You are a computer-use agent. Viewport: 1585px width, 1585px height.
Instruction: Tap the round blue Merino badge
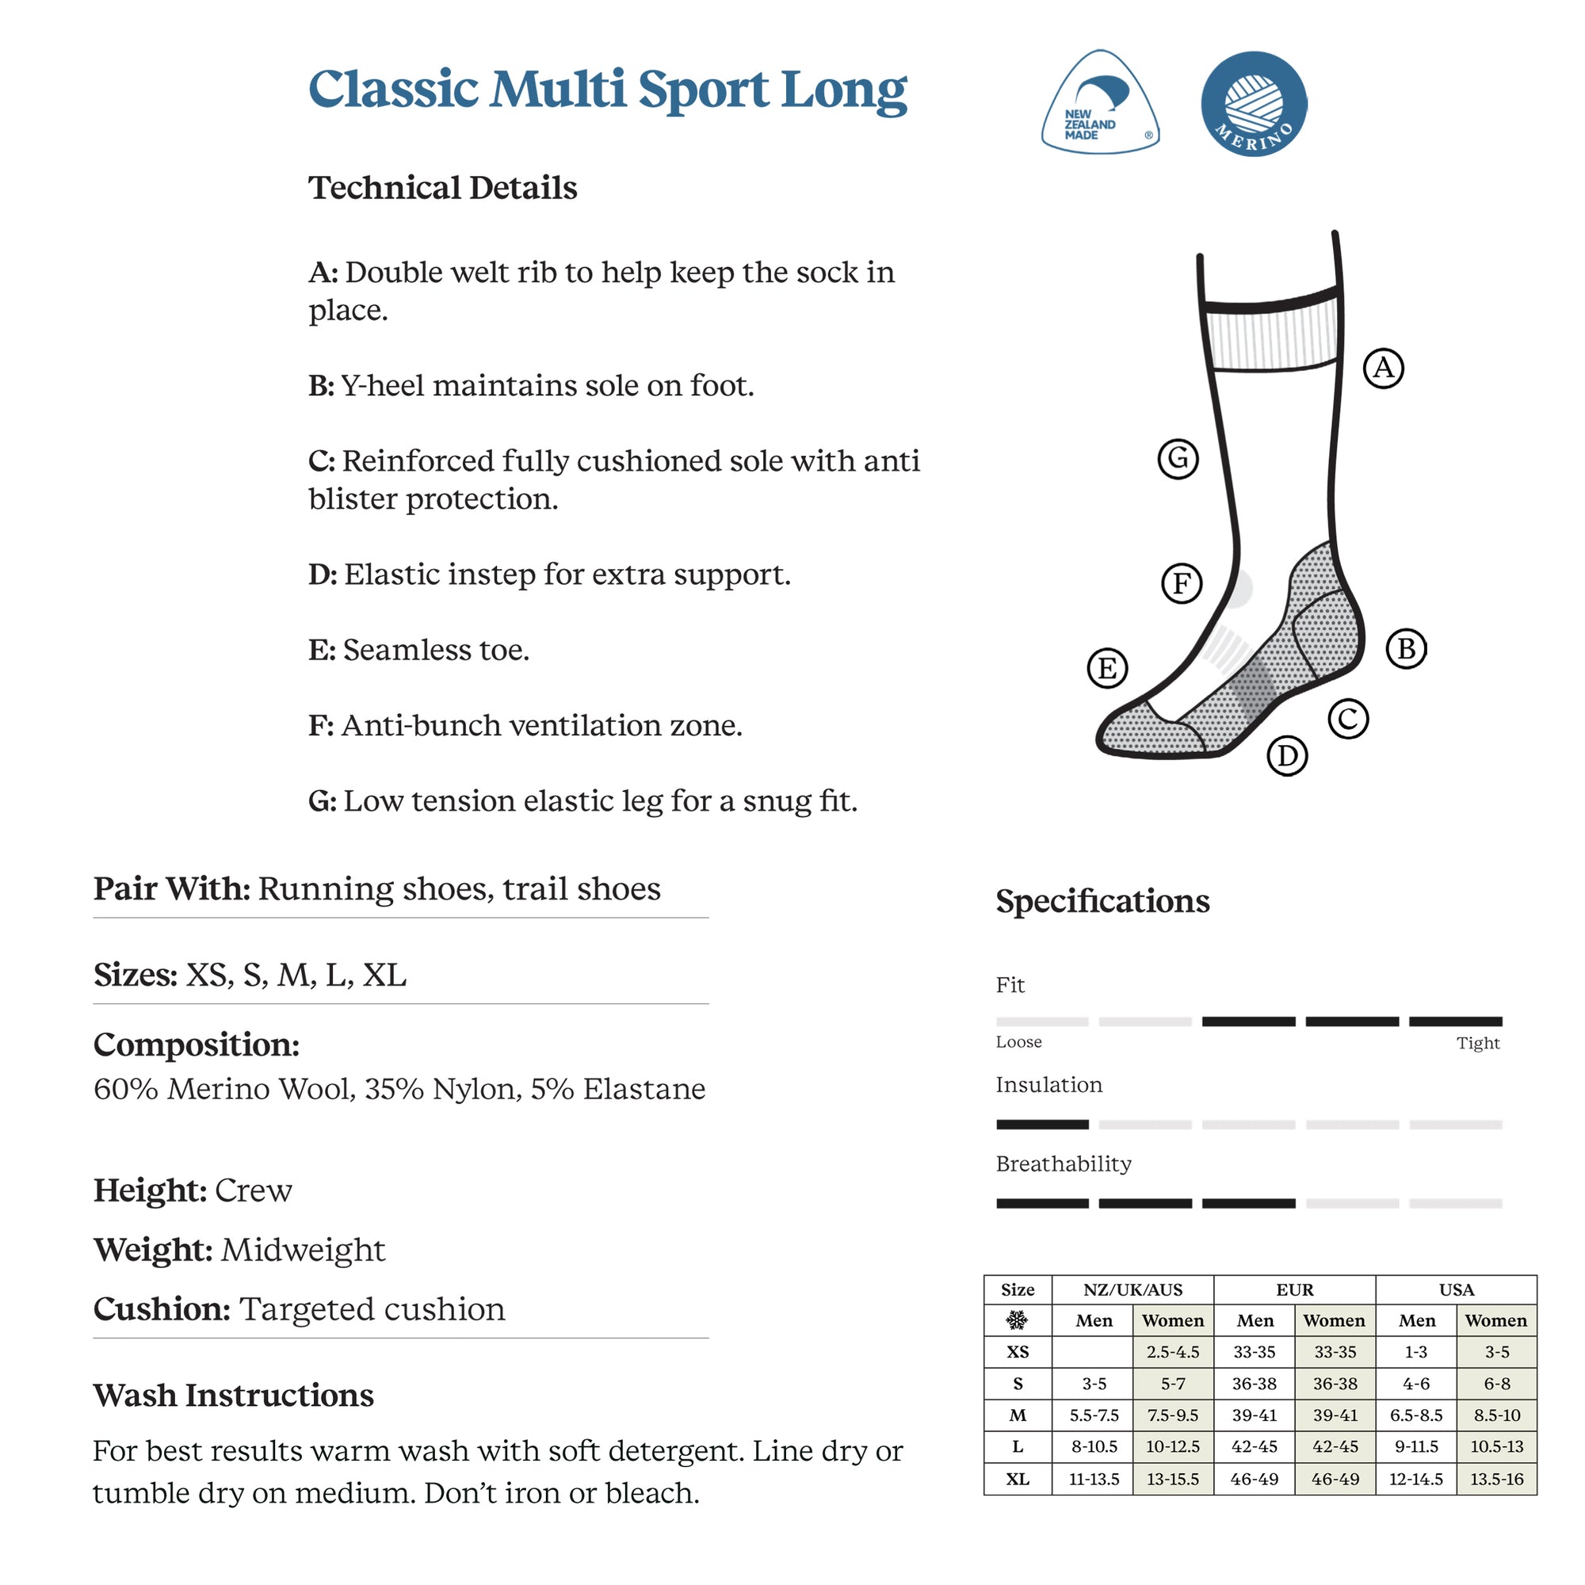[1253, 104]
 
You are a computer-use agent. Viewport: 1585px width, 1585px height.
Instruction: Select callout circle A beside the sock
[1383, 368]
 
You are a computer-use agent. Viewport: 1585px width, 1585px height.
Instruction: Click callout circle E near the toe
[1106, 668]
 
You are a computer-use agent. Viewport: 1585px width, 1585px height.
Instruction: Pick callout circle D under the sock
[1287, 755]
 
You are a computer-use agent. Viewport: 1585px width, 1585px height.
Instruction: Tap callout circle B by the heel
[1406, 649]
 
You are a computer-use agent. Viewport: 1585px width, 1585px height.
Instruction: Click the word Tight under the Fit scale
[1477, 1043]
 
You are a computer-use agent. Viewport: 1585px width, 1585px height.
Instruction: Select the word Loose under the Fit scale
[1018, 1042]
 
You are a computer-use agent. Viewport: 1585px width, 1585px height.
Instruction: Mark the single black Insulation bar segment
[1042, 1124]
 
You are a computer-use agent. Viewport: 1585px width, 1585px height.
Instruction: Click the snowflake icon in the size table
[1018, 1320]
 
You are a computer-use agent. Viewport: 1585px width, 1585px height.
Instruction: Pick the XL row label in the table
[1018, 1479]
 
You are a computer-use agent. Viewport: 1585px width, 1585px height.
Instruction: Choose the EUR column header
[1295, 1289]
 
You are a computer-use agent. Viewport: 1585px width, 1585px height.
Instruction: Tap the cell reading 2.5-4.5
[1172, 1352]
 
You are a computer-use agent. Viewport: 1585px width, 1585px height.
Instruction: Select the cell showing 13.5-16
[1496, 1479]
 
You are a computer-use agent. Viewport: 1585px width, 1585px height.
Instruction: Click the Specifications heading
[1102, 901]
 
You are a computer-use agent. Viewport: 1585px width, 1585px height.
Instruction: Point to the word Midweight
[303, 1251]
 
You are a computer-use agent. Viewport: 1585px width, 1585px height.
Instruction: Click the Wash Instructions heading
[233, 1396]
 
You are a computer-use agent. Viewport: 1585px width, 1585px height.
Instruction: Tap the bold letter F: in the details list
[321, 725]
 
